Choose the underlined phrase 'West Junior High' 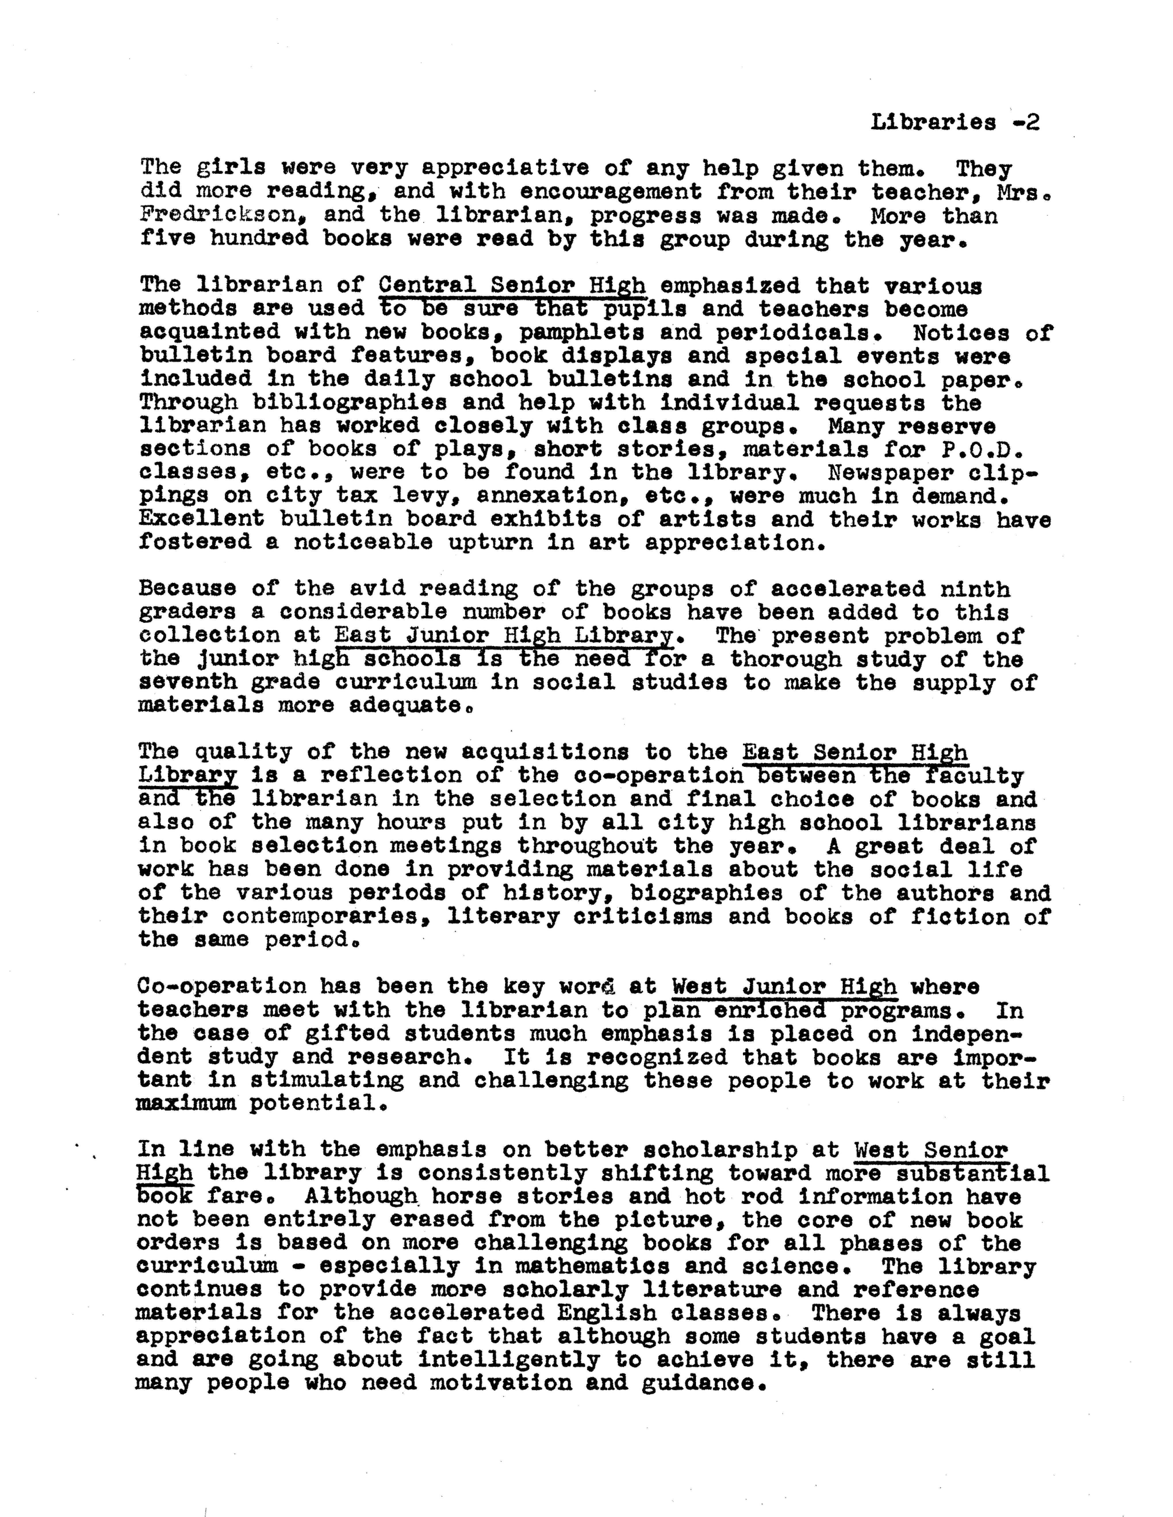point(784,986)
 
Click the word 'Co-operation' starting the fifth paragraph point(222,986)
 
